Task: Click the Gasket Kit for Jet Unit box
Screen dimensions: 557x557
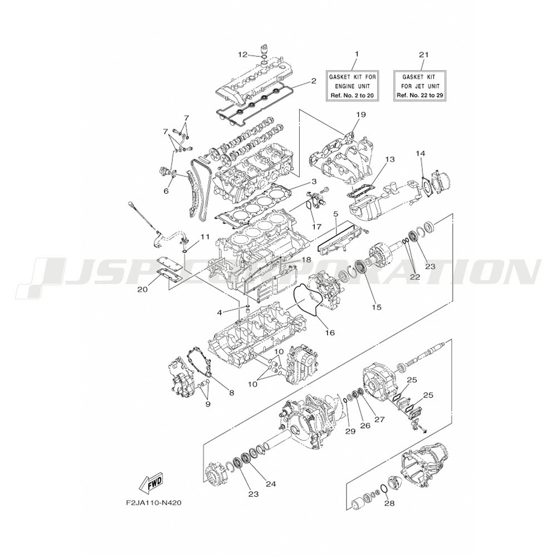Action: click(420, 86)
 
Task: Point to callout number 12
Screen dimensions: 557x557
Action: click(243, 55)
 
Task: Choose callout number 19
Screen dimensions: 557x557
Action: click(361, 114)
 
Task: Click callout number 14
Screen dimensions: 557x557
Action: click(421, 153)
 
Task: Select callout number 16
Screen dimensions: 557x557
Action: click(330, 333)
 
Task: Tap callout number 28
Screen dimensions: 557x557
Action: click(389, 503)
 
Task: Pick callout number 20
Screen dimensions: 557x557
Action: click(143, 289)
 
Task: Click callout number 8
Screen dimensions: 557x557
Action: click(232, 393)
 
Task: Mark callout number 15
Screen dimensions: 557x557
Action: click(377, 307)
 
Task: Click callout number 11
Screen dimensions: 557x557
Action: click(204, 236)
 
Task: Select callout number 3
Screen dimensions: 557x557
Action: click(314, 182)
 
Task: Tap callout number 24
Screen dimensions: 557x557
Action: click(271, 483)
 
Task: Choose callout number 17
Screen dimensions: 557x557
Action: click(316, 226)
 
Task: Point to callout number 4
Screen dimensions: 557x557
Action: click(219, 312)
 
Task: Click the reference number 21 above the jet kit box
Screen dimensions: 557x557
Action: click(424, 55)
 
